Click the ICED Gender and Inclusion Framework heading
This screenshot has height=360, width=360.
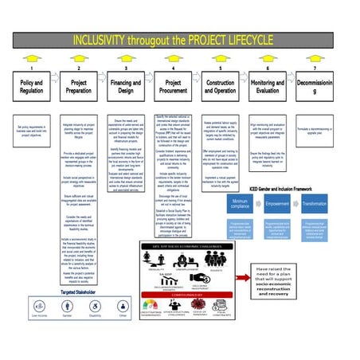282,188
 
